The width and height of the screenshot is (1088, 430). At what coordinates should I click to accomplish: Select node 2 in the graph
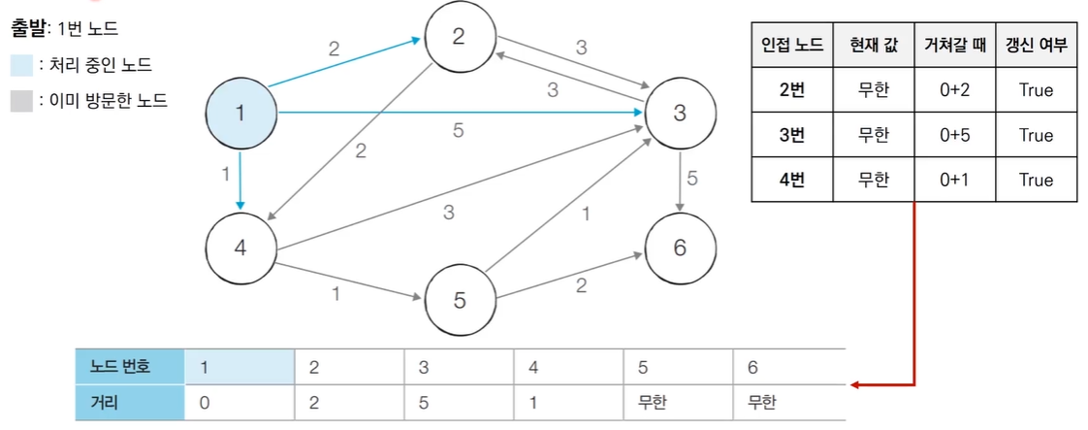point(459,37)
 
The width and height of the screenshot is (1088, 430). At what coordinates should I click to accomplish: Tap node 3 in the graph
point(679,113)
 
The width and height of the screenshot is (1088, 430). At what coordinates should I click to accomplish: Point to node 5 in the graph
point(459,300)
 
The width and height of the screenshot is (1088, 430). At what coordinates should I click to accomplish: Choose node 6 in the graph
point(679,247)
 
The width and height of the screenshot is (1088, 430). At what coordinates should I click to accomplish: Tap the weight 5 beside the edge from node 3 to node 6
point(691,178)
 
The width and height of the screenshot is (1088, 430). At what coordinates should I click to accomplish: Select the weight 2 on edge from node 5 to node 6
point(581,285)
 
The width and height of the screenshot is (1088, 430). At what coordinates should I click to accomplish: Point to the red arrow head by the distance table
point(855,385)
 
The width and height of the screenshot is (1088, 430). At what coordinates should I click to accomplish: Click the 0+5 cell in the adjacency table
point(954,135)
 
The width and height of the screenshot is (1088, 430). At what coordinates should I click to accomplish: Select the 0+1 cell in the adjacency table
point(954,180)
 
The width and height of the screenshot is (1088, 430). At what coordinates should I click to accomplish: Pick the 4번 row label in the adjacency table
point(792,180)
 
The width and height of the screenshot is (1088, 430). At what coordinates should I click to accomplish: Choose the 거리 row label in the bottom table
point(104,401)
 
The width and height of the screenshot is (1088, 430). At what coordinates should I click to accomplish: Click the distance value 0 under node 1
point(205,401)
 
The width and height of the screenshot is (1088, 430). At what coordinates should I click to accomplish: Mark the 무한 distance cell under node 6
point(762,401)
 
